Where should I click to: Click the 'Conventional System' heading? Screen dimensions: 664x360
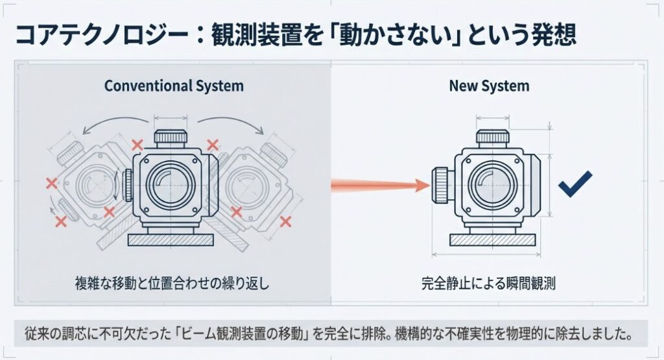pos(174,86)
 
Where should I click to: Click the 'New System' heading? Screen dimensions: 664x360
pos(489,86)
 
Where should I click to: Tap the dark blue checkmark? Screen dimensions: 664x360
pos(575,184)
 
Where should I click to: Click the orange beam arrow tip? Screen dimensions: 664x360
pos(429,186)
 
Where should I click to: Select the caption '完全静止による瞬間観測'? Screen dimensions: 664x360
pos(488,283)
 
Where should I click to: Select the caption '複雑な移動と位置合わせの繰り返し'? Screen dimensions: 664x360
pos(172,283)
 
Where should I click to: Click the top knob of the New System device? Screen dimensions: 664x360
pos(492,137)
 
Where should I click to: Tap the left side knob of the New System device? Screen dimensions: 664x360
pos(440,185)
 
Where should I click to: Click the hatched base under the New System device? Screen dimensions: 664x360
pos(492,240)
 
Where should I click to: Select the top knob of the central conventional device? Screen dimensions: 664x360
pos(171,137)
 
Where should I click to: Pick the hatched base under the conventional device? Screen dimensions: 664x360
pos(171,240)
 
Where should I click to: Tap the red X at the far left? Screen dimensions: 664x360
pos(52,184)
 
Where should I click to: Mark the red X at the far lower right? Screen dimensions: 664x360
pos(285,221)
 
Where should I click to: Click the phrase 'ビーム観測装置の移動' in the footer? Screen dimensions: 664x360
pos(242,334)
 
